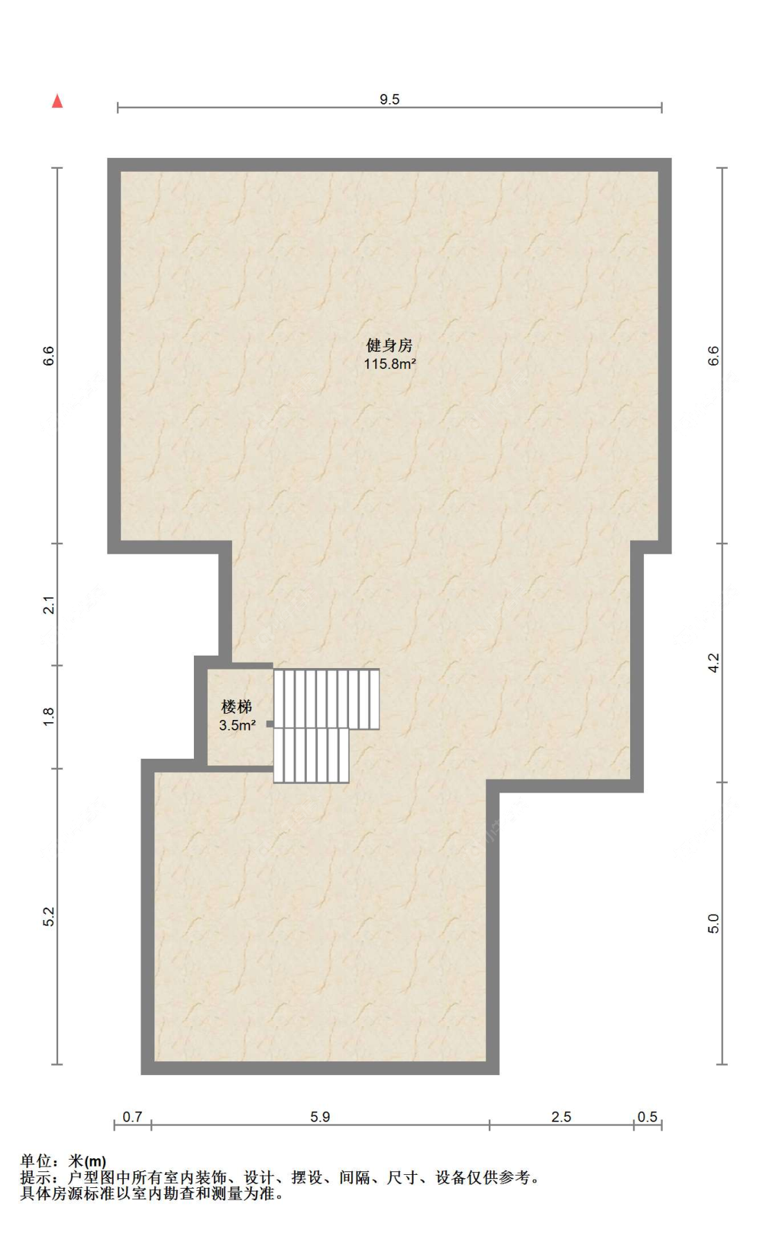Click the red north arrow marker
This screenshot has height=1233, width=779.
[x=57, y=102]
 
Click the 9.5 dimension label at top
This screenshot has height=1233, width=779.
[x=389, y=100]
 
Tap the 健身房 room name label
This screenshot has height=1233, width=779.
[x=389, y=345]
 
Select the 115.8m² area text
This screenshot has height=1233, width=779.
[x=389, y=363]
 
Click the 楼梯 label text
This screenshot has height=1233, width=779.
[x=236, y=707]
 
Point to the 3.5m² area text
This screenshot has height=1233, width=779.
[x=237, y=726]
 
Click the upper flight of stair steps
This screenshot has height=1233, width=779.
[x=326, y=698]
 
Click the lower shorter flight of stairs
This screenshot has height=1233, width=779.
[x=311, y=755]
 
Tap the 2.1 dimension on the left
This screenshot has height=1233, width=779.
[x=48, y=604]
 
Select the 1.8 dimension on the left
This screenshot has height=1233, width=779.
[x=48, y=717]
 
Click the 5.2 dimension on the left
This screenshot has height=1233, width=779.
[x=48, y=916]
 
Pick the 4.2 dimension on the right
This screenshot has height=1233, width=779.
[x=714, y=663]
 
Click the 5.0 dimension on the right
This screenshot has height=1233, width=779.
[x=714, y=924]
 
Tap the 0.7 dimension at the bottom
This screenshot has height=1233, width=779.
[x=132, y=1117]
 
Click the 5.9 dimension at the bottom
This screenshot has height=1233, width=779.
[x=320, y=1117]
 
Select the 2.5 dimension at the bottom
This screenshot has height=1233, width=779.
[x=561, y=1117]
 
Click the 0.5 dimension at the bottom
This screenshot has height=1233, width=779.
[x=647, y=1117]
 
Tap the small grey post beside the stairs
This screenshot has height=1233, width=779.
[x=270, y=724]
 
